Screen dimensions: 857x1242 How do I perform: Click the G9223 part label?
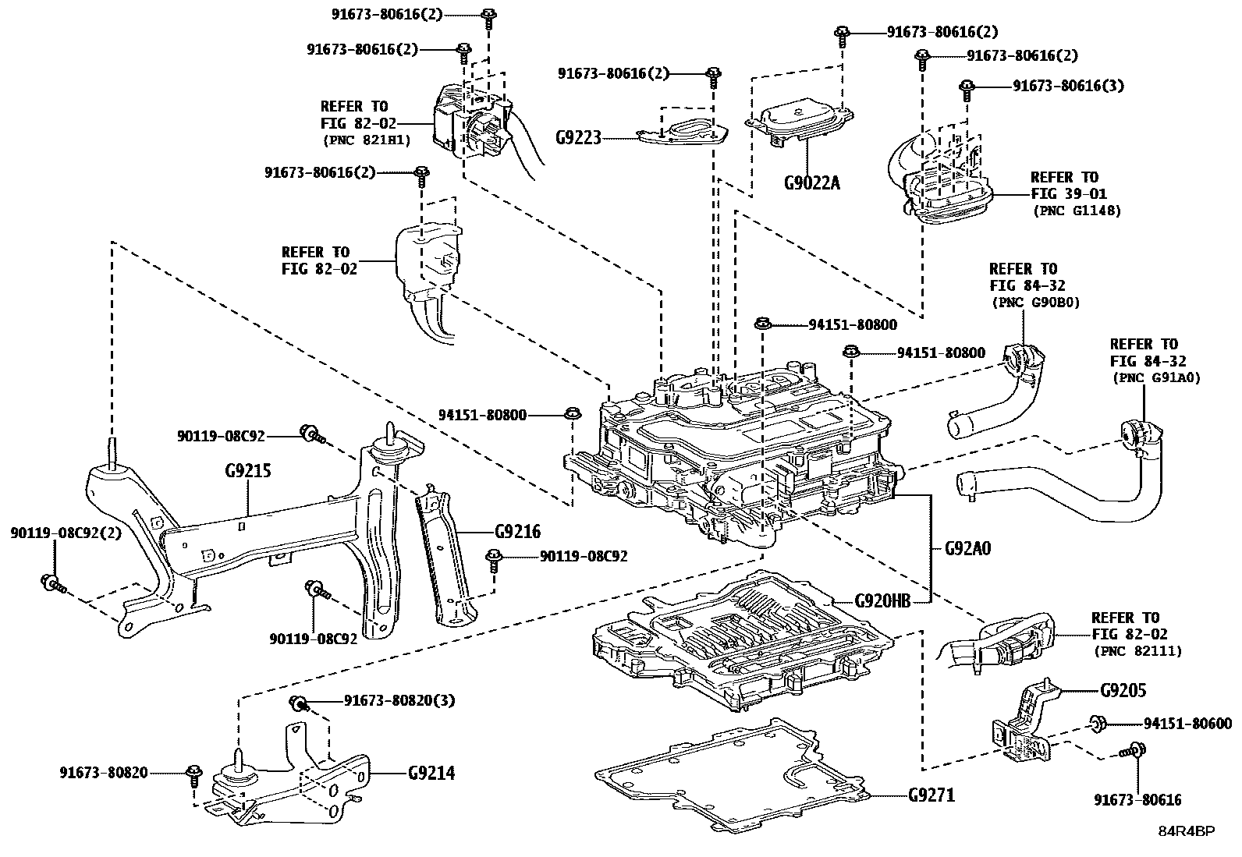click(578, 138)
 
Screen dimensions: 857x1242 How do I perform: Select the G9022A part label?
click(812, 183)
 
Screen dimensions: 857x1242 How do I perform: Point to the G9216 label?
click(517, 532)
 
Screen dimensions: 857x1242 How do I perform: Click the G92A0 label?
click(967, 548)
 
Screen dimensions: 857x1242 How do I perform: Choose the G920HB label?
click(882, 600)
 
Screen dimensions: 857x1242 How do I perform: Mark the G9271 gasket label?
click(931, 795)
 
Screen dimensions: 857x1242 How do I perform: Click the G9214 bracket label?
click(431, 773)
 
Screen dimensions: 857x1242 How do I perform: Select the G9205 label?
click(1123, 691)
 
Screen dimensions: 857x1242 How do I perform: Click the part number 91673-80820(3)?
click(399, 700)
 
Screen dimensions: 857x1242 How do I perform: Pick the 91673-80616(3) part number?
click(1068, 86)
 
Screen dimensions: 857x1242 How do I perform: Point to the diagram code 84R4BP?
click(1186, 831)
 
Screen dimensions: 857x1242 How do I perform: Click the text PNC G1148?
click(1077, 211)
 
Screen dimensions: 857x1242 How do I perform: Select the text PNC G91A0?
click(1155, 377)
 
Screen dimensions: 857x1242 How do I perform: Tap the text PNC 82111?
click(1137, 651)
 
